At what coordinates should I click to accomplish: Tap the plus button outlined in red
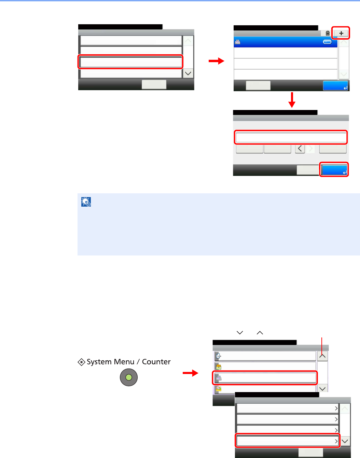click(x=341, y=33)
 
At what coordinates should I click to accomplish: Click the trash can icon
click(x=328, y=33)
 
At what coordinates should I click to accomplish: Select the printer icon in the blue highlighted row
click(x=238, y=42)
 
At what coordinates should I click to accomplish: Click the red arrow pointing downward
click(x=292, y=100)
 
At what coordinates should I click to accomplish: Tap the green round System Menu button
click(x=129, y=377)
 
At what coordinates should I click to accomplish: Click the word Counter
click(x=156, y=362)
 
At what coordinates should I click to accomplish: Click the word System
click(x=99, y=362)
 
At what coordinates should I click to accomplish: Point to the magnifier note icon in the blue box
click(x=86, y=202)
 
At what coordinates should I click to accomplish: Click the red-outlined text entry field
click(x=291, y=138)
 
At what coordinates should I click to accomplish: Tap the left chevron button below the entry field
click(x=300, y=149)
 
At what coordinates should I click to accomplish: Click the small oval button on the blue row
click(x=327, y=42)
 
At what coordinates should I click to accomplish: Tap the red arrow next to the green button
click(x=190, y=373)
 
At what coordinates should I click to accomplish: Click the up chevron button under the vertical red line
click(x=322, y=356)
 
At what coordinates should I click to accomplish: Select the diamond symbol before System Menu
click(x=82, y=362)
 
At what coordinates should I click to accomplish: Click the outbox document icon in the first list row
click(x=218, y=356)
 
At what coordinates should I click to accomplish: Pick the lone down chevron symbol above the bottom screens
click(x=240, y=332)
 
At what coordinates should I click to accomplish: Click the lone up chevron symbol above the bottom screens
click(x=260, y=332)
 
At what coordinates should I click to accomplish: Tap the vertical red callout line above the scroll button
click(x=322, y=343)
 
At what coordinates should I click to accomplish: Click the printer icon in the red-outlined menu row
click(x=218, y=378)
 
